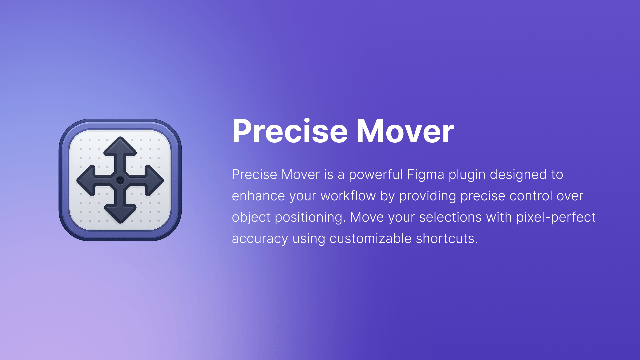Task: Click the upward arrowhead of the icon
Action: tap(120, 147)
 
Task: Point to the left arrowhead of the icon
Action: tap(86, 180)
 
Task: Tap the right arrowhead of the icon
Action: tap(154, 180)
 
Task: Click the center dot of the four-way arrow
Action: tap(120, 180)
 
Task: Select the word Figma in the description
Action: tap(426, 175)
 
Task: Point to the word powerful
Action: tap(376, 175)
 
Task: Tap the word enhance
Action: tap(258, 196)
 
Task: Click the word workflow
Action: tap(348, 196)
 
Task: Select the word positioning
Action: tap(310, 218)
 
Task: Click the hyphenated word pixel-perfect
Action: tap(556, 218)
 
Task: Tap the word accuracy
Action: tap(260, 239)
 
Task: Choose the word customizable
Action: tap(371, 239)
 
